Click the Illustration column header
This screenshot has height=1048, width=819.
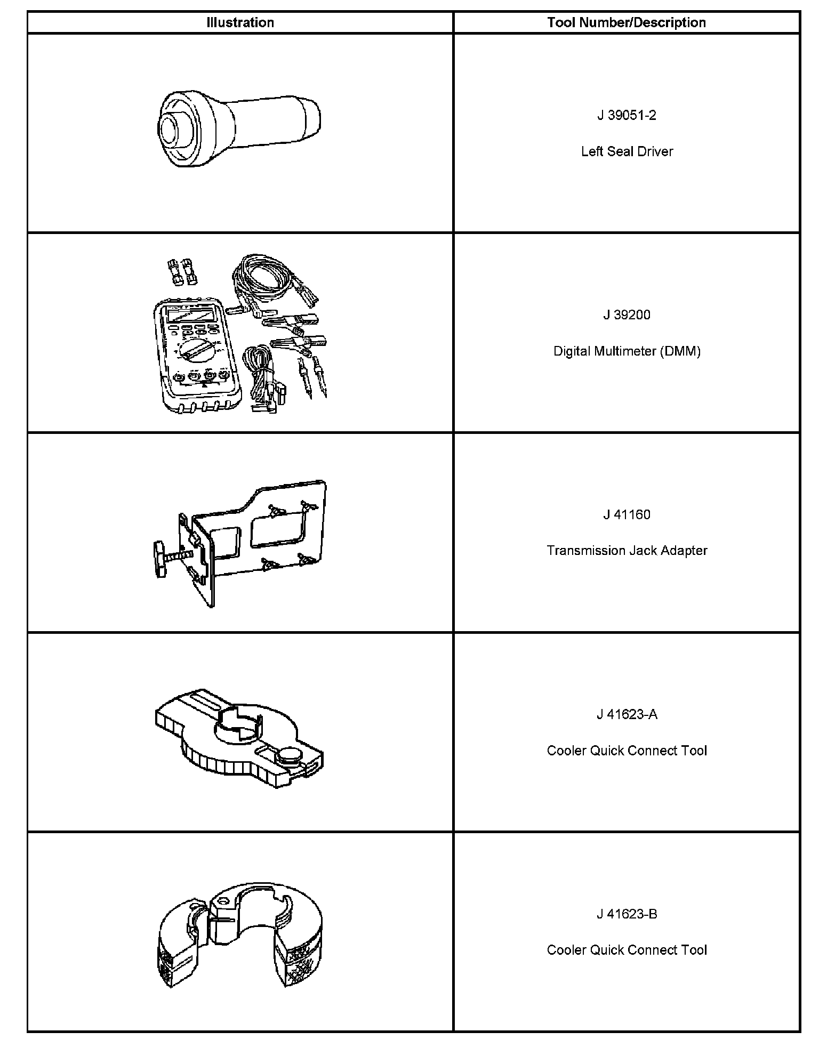pyautogui.click(x=240, y=22)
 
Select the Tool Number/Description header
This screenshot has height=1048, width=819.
pyautogui.click(x=627, y=22)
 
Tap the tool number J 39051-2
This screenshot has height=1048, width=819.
pyautogui.click(x=627, y=115)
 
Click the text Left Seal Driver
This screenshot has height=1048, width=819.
pyautogui.click(x=627, y=151)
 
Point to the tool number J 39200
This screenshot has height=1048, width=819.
pyautogui.click(x=627, y=315)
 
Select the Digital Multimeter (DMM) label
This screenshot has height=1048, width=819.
pyautogui.click(x=627, y=351)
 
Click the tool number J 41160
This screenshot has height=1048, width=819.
pyautogui.click(x=627, y=514)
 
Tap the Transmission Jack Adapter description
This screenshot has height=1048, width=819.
pyautogui.click(x=627, y=551)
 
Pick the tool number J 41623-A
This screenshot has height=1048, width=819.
pyautogui.click(x=627, y=714)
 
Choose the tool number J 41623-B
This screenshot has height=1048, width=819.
pyautogui.click(x=627, y=914)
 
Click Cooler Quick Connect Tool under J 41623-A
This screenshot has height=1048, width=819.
pyautogui.click(x=627, y=751)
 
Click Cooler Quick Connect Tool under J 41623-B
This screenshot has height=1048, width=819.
pyautogui.click(x=627, y=950)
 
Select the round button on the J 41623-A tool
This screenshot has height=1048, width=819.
pyautogui.click(x=290, y=755)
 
